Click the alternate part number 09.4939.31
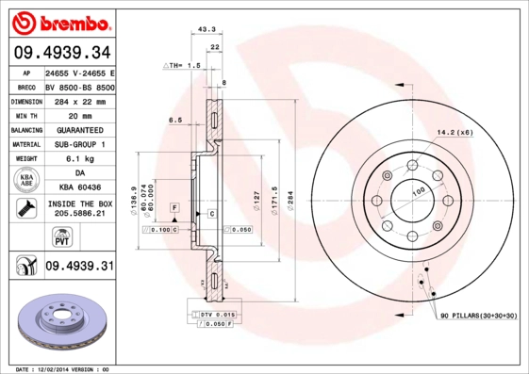79,267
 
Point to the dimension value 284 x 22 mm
79,100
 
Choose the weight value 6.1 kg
79,159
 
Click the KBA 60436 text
79,188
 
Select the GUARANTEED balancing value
79,129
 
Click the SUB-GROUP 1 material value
79,144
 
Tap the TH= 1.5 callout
183,66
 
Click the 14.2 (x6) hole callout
455,132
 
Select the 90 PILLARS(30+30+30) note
478,317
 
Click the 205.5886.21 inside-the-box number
79,214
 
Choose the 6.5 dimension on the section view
174,120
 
